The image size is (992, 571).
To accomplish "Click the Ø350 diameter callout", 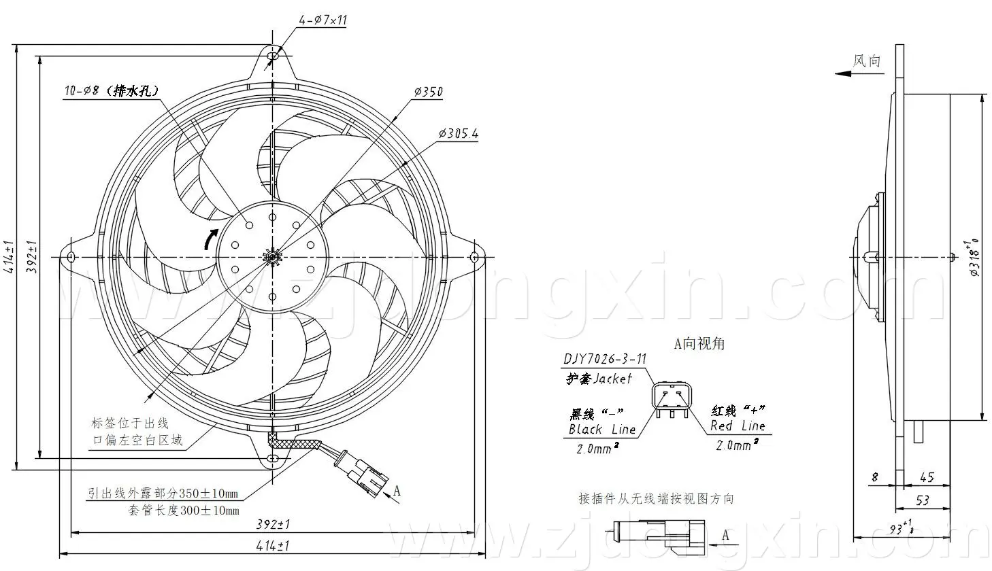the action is click(x=428, y=92).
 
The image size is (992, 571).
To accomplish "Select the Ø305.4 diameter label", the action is click(x=459, y=133).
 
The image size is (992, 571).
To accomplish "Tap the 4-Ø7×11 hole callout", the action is click(x=323, y=20).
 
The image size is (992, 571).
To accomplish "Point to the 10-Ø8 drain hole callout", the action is click(x=111, y=91).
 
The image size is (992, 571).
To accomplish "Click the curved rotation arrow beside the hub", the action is click(x=210, y=239).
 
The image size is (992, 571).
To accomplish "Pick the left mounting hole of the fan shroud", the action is click(x=70, y=258).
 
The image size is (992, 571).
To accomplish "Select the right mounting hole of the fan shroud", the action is click(x=474, y=257).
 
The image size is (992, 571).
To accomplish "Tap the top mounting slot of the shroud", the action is click(x=273, y=56).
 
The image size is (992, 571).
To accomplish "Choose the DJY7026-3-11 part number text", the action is click(x=605, y=359).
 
